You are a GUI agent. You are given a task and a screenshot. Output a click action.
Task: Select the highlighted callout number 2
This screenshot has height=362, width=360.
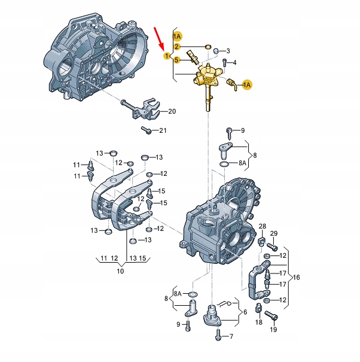pyautogui.click(x=176, y=47)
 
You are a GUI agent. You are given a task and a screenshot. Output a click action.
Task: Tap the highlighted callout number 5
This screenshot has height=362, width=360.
pyautogui.click(x=176, y=60)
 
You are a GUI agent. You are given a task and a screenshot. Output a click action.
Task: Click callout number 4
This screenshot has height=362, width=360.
pyautogui.click(x=234, y=63)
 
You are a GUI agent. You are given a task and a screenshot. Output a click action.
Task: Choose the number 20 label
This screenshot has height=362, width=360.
pyautogui.click(x=172, y=111)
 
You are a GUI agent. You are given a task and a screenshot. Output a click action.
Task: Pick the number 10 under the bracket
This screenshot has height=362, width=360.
pyautogui.click(x=120, y=271)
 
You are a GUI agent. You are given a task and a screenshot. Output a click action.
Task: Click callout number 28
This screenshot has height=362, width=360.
pyautogui.click(x=262, y=226)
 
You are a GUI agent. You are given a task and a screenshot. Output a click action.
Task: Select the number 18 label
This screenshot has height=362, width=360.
pyautogui.click(x=258, y=323)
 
